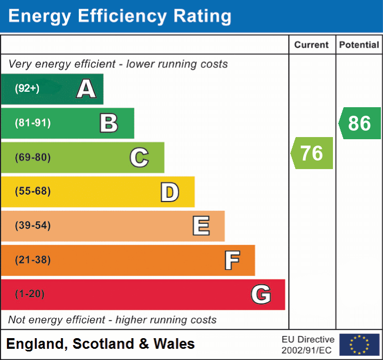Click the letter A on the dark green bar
(86, 89)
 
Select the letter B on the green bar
(109, 123)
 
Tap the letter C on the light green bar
(139, 157)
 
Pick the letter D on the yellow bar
(169, 192)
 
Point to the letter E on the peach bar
(201, 226)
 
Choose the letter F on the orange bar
(232, 260)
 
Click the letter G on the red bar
(261, 294)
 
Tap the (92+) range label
(27, 89)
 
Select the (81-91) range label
(33, 123)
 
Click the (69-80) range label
(33, 157)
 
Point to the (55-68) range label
(33, 191)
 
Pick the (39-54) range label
(33, 226)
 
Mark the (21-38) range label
(33, 260)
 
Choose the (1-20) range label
(30, 294)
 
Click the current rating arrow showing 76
(312, 153)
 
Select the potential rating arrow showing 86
(360, 123)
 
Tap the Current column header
(312, 45)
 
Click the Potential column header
(359, 45)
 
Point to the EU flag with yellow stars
(360, 345)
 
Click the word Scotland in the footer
(104, 344)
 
